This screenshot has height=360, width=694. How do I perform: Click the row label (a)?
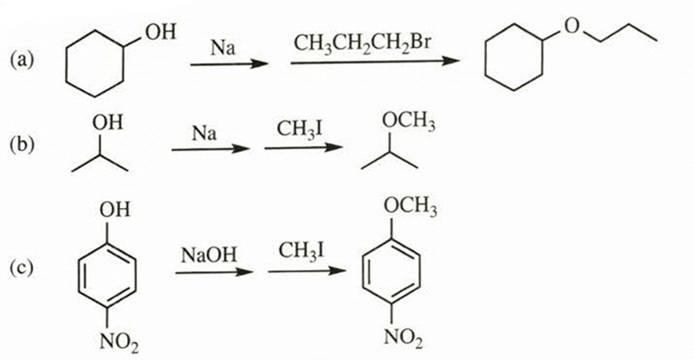coord(21,60)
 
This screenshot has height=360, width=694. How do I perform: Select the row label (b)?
coord(22,144)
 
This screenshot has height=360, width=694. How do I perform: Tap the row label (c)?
coord(21,267)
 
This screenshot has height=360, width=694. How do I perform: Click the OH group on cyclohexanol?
coord(161,32)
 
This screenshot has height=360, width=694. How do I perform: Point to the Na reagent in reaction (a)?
coord(223,47)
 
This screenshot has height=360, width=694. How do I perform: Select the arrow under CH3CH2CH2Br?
coord(375,62)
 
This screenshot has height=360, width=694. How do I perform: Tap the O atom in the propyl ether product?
coord(572,27)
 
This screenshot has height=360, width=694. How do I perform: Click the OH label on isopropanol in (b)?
coord(107,122)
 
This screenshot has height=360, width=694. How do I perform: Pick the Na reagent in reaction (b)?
coord(204,133)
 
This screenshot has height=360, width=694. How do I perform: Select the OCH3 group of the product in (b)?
coord(409,122)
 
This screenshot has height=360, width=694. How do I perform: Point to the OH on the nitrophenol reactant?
coord(115,209)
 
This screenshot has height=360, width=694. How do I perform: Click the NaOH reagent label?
coord(209,255)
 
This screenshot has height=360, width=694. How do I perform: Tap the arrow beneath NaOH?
coord(214,272)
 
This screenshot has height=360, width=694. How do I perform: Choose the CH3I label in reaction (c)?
coord(301,251)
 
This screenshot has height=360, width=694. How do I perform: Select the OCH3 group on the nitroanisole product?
coord(410,206)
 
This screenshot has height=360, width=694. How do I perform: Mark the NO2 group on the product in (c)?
coord(403,338)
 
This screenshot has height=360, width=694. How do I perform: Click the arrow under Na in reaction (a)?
coord(229,64)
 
